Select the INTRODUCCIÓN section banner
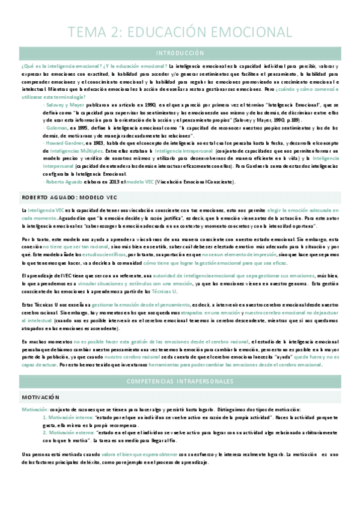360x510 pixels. click(180, 53)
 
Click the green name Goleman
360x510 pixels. click(55, 127)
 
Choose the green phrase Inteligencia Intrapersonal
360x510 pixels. click(182, 150)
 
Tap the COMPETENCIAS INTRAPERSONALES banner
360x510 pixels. click(180, 381)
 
